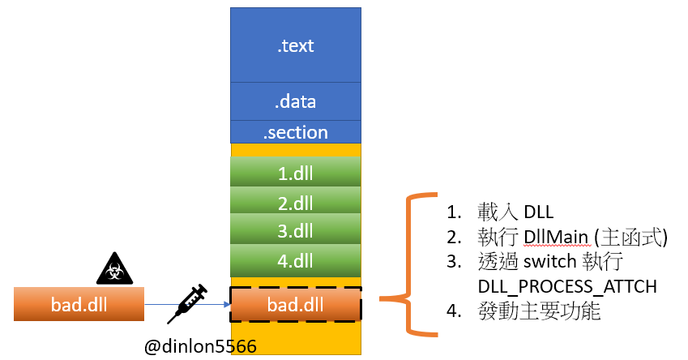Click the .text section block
[296, 45]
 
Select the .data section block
[296, 101]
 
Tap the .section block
[296, 132]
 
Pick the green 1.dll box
[296, 172]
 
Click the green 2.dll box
[296, 200]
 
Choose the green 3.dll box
[296, 229]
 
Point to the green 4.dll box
[296, 261]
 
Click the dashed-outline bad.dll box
[296, 304]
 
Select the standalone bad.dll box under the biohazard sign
[79, 304]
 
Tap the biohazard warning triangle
[114, 269]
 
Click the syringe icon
[187, 304]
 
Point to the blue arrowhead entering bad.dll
[227, 304]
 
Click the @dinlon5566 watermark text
[200, 346]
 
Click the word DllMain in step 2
[556, 238]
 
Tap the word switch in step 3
[549, 262]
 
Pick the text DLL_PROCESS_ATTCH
[567, 287]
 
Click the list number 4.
[454, 311]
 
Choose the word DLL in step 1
[539, 212]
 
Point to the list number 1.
[454, 212]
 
